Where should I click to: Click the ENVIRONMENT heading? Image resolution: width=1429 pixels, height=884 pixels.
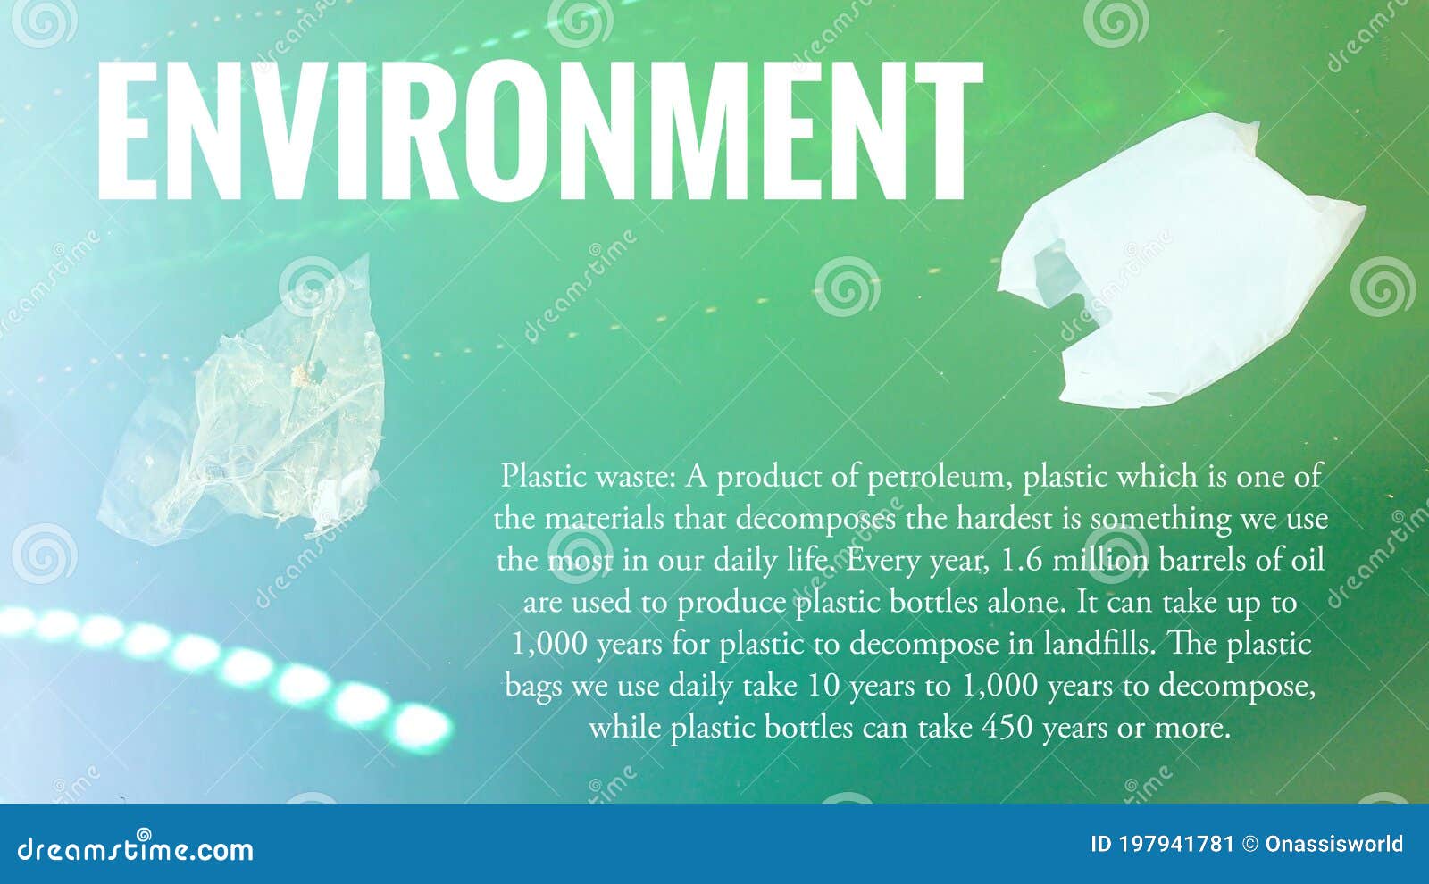click(x=539, y=131)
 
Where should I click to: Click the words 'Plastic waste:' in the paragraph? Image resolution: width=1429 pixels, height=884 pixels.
click(x=588, y=477)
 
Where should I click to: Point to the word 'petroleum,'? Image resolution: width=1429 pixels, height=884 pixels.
click(x=940, y=477)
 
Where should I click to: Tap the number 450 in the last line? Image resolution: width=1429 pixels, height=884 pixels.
click(x=1008, y=728)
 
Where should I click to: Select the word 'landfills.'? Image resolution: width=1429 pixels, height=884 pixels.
click(x=1087, y=644)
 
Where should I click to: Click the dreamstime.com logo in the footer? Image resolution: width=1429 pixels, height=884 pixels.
click(x=136, y=849)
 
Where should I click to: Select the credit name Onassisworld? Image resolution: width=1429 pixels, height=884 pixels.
click(x=1333, y=845)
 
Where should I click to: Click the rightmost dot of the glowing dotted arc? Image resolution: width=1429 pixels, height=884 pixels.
click(x=421, y=726)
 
